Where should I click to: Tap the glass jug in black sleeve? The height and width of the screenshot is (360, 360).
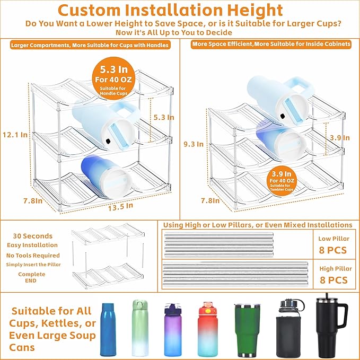coord(290,328)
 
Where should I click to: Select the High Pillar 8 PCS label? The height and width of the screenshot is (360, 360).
coord(332,274)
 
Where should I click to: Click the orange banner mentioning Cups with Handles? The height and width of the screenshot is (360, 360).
coord(90,46)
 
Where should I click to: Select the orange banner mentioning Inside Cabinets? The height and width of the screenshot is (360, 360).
coord(271,44)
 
